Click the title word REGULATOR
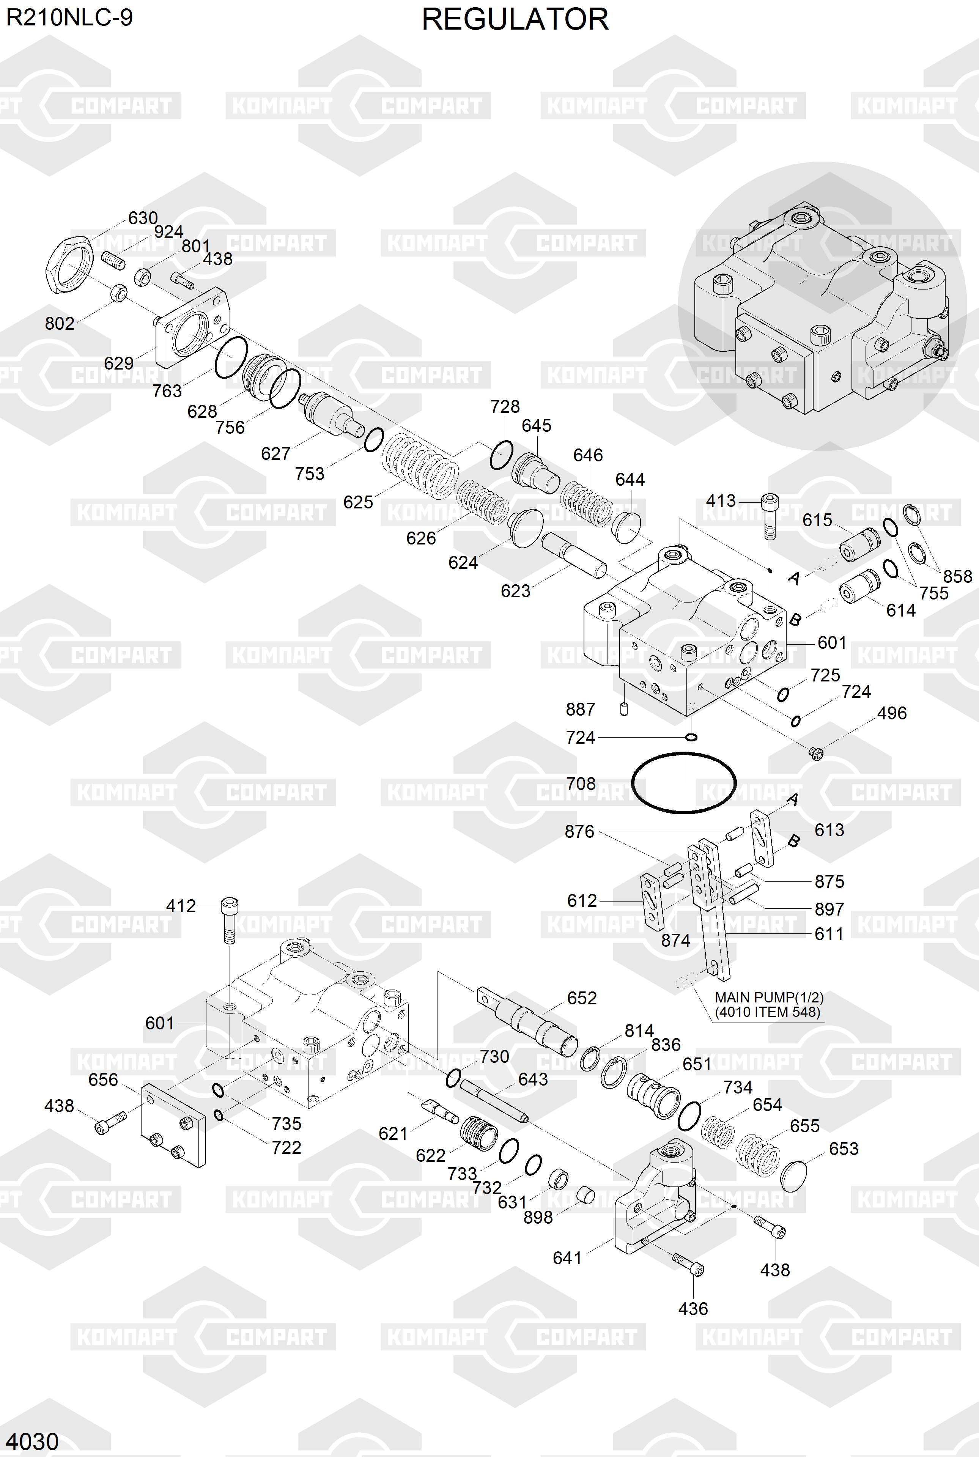coord(515,19)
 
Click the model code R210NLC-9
coord(69,17)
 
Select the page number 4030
coord(33,1441)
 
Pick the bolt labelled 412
coord(229,919)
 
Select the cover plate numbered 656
coord(173,1125)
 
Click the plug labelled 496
coord(815,754)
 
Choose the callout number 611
coord(828,934)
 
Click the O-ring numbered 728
coord(501,455)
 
